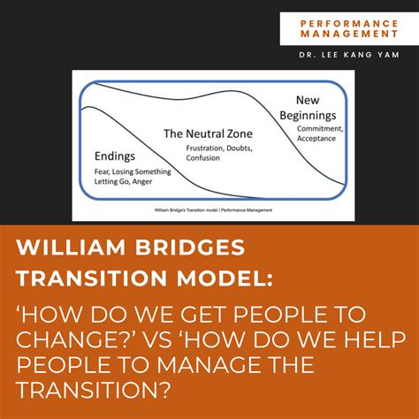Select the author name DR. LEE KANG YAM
(x=349, y=56)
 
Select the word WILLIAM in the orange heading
(x=76, y=245)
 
